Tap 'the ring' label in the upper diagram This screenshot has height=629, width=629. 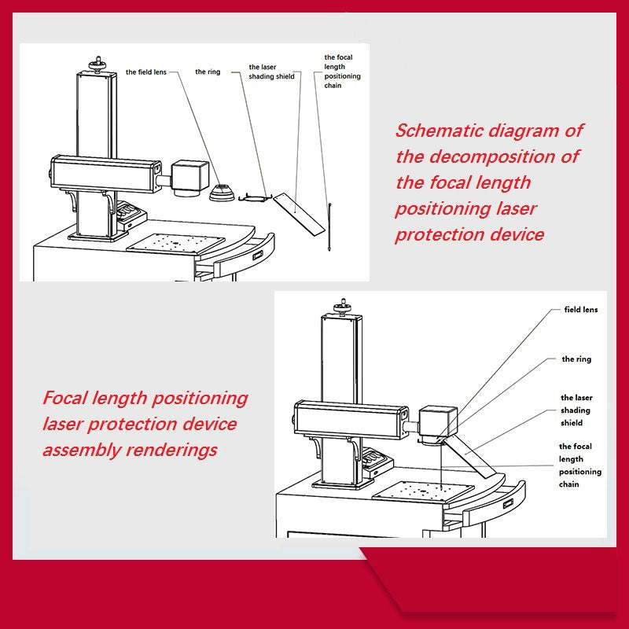tap(208, 72)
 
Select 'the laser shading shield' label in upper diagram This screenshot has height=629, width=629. tap(271, 72)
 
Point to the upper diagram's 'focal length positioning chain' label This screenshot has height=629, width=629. tap(342, 72)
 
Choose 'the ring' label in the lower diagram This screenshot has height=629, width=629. tap(576, 359)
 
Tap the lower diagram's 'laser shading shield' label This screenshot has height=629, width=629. tap(576, 410)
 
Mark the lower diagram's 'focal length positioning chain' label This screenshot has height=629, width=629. tap(580, 465)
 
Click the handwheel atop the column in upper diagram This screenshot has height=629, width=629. tap(97, 62)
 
